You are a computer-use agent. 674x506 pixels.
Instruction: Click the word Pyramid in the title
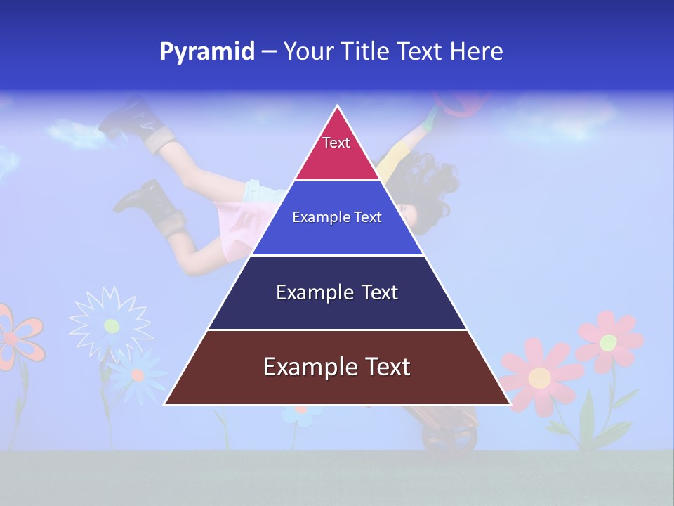tap(206, 52)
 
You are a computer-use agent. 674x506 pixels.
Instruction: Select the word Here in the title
tap(476, 52)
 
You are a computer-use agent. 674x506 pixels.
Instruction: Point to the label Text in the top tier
tap(336, 143)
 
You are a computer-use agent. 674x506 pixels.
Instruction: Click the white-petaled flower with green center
tap(111, 325)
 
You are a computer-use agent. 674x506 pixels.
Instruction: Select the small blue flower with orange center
tap(137, 375)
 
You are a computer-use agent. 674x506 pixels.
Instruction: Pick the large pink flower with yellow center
tap(539, 377)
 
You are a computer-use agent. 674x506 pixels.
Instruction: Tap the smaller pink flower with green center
tap(608, 342)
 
